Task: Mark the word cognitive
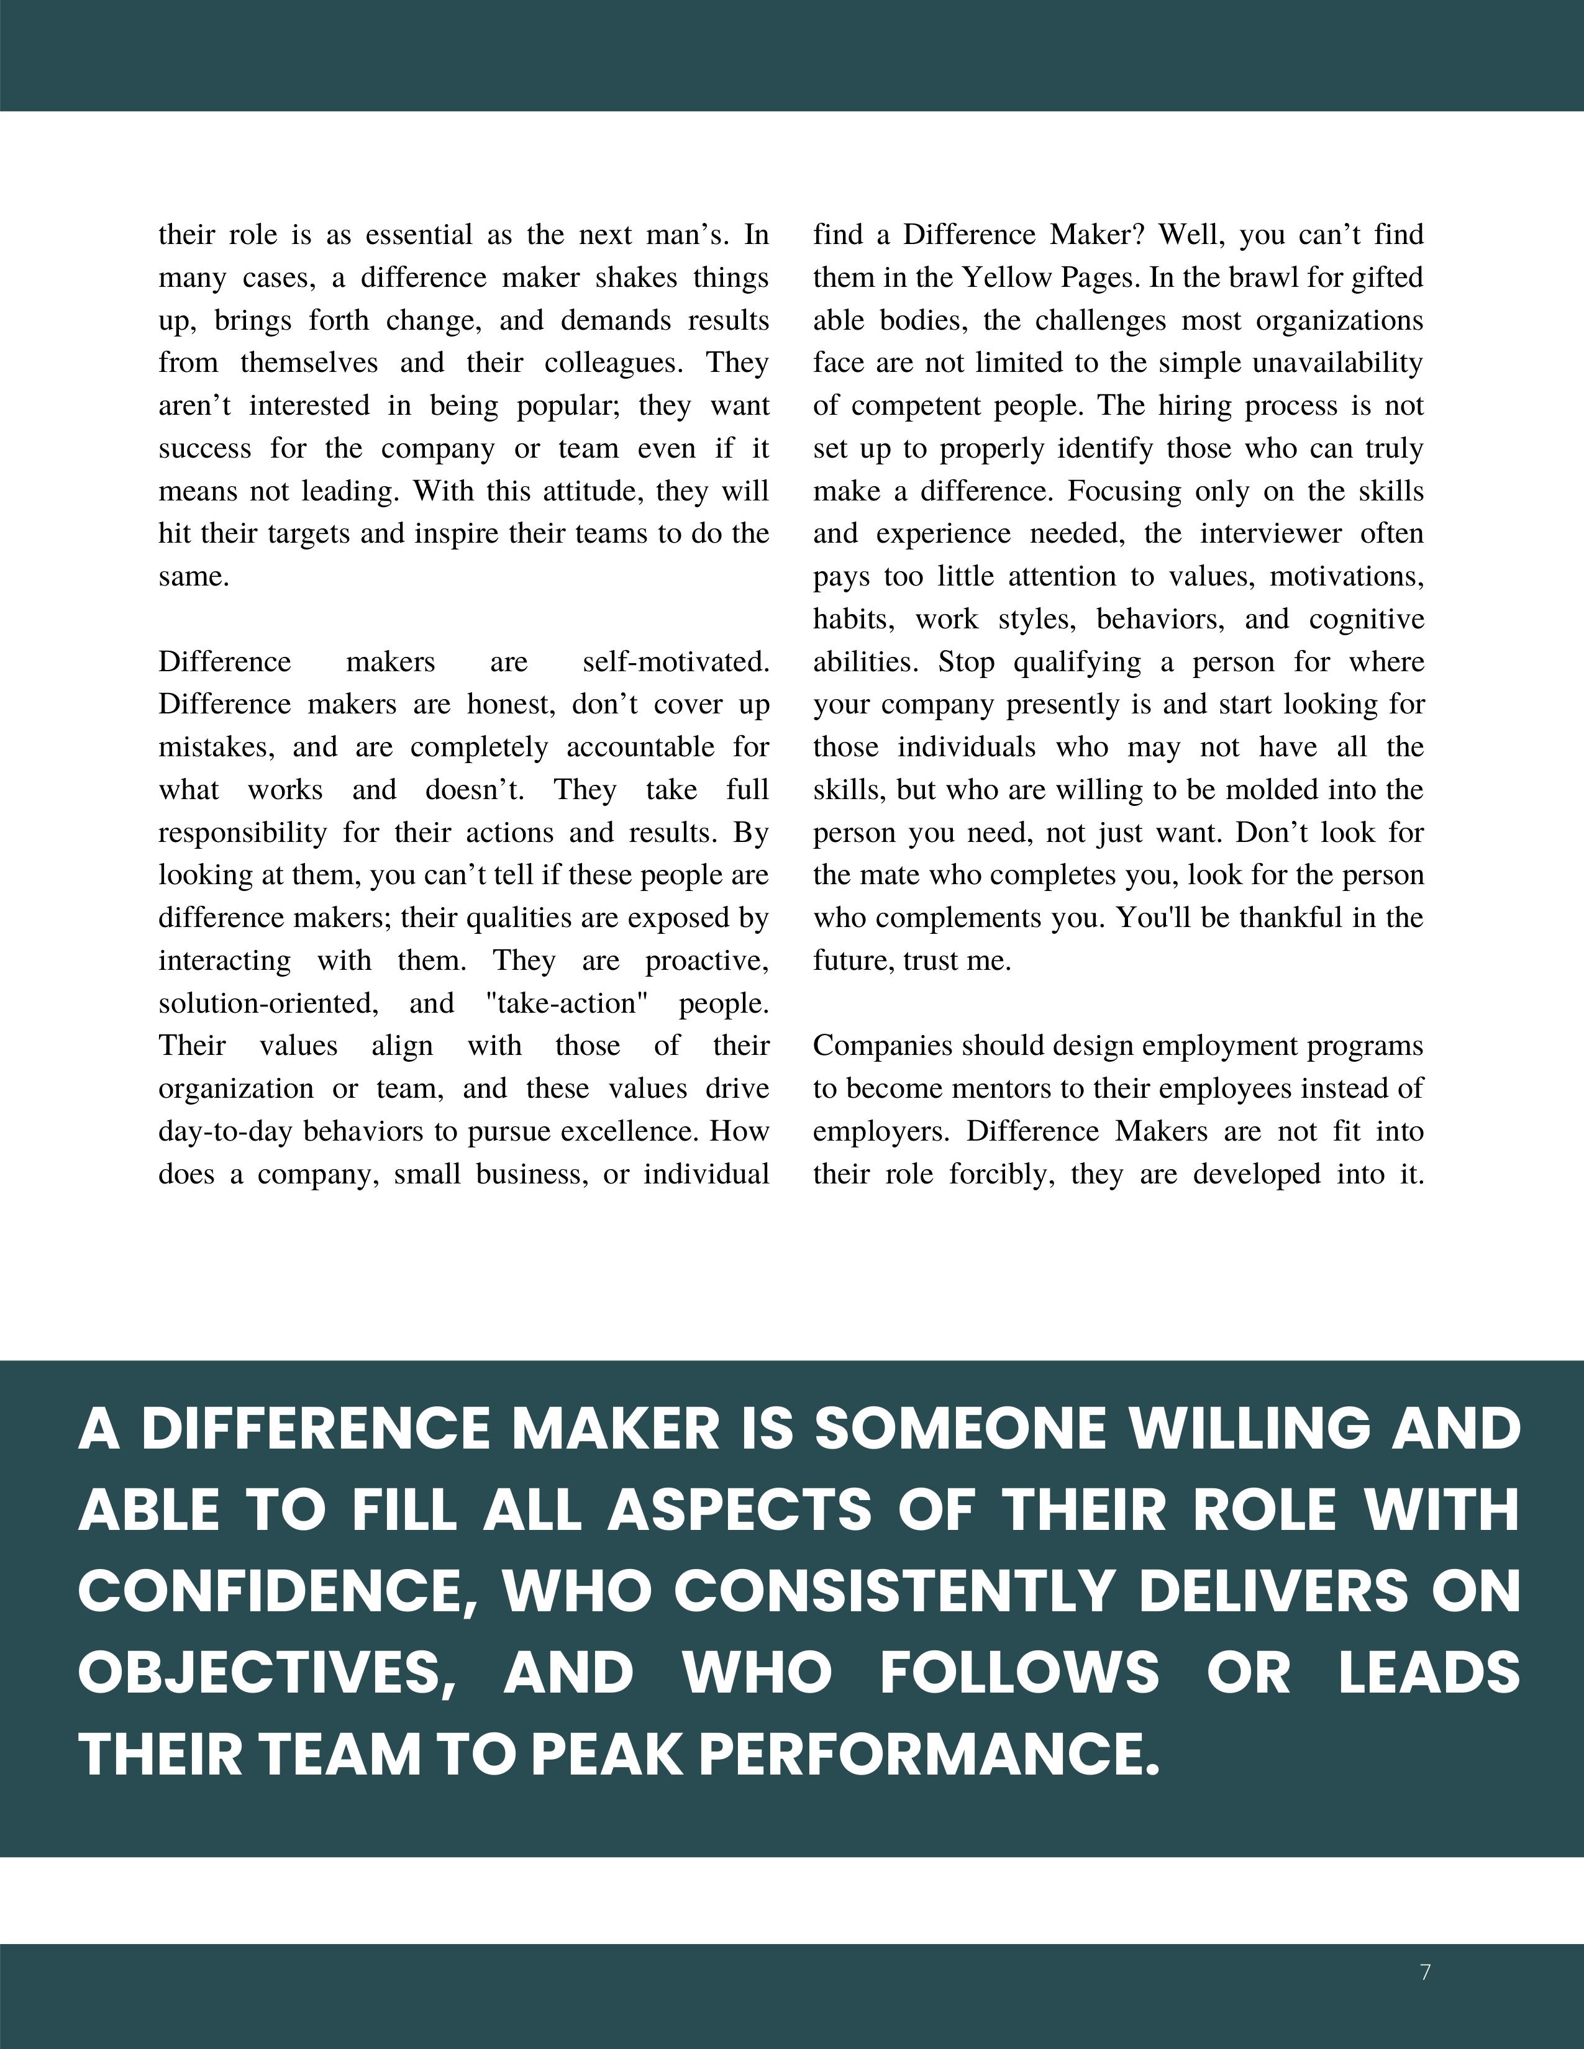(x=1367, y=619)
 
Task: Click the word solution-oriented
(x=268, y=1003)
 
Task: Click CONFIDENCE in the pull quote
(x=278, y=1592)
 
